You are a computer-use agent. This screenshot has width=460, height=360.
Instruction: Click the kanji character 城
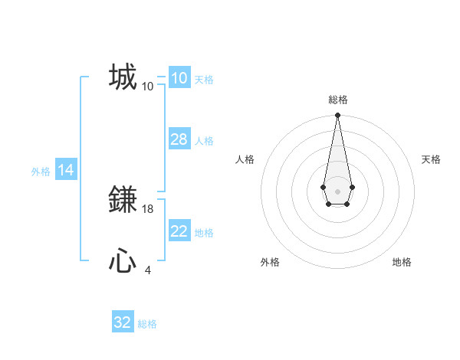click(x=123, y=77)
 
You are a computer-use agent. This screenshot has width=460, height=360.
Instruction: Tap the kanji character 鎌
click(x=123, y=199)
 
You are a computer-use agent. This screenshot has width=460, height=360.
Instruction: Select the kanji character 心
click(x=123, y=261)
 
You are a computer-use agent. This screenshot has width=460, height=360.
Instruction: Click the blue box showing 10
click(x=179, y=77)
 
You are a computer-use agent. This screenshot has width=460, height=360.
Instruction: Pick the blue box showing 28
click(x=179, y=139)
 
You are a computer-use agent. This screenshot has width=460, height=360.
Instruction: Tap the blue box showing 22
click(x=179, y=231)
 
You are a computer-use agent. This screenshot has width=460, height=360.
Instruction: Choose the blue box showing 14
click(x=66, y=171)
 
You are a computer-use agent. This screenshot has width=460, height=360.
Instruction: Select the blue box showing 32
click(x=123, y=322)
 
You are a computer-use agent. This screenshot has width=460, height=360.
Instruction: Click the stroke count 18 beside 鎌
click(x=148, y=208)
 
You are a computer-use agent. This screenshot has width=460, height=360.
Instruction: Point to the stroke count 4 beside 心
click(x=148, y=270)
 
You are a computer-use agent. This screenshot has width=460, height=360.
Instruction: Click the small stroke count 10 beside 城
click(x=148, y=86)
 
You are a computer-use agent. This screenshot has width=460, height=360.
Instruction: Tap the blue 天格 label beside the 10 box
click(x=204, y=80)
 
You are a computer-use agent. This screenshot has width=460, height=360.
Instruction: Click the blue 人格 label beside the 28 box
click(x=204, y=141)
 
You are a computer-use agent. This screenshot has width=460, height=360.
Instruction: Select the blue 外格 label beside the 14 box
click(x=41, y=172)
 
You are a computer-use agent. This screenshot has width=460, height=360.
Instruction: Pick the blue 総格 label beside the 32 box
click(x=147, y=324)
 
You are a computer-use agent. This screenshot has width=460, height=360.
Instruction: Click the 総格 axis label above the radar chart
click(x=337, y=100)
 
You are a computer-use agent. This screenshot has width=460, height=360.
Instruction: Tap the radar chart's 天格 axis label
click(x=431, y=159)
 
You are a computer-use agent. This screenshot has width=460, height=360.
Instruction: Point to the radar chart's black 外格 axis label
click(x=270, y=262)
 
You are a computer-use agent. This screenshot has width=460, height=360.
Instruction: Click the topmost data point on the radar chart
click(x=337, y=116)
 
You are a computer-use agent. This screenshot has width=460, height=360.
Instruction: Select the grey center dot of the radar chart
click(x=337, y=190)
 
